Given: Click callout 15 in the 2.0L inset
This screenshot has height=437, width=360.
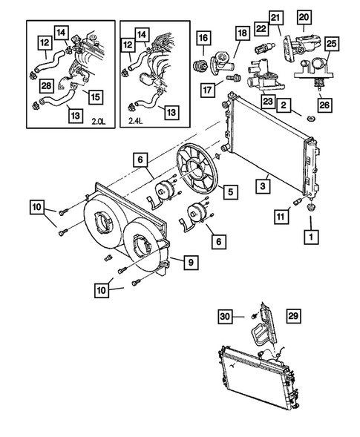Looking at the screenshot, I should pyautogui.click(x=94, y=96).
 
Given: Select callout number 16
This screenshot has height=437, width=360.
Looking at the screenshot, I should pyautogui.click(x=203, y=39).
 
